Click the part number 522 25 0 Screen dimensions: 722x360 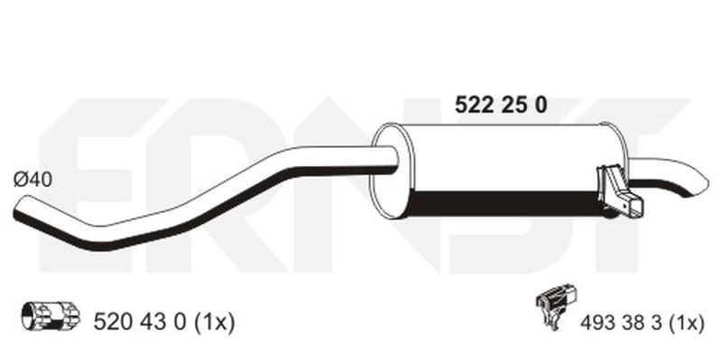[501, 106]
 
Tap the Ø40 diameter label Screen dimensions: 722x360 [32, 180]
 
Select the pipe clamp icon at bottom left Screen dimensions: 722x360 [51, 317]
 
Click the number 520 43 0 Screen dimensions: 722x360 [140, 322]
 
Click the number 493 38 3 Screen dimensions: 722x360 [620, 323]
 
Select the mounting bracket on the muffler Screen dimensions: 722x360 [619, 191]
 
